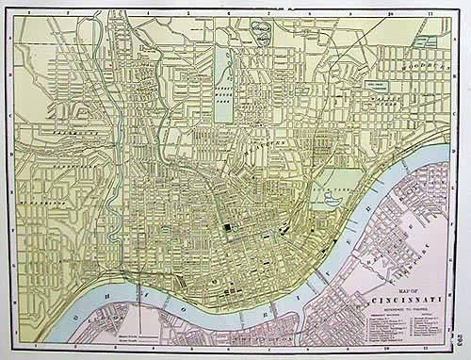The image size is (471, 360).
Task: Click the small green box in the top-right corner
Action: (x=429, y=41)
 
